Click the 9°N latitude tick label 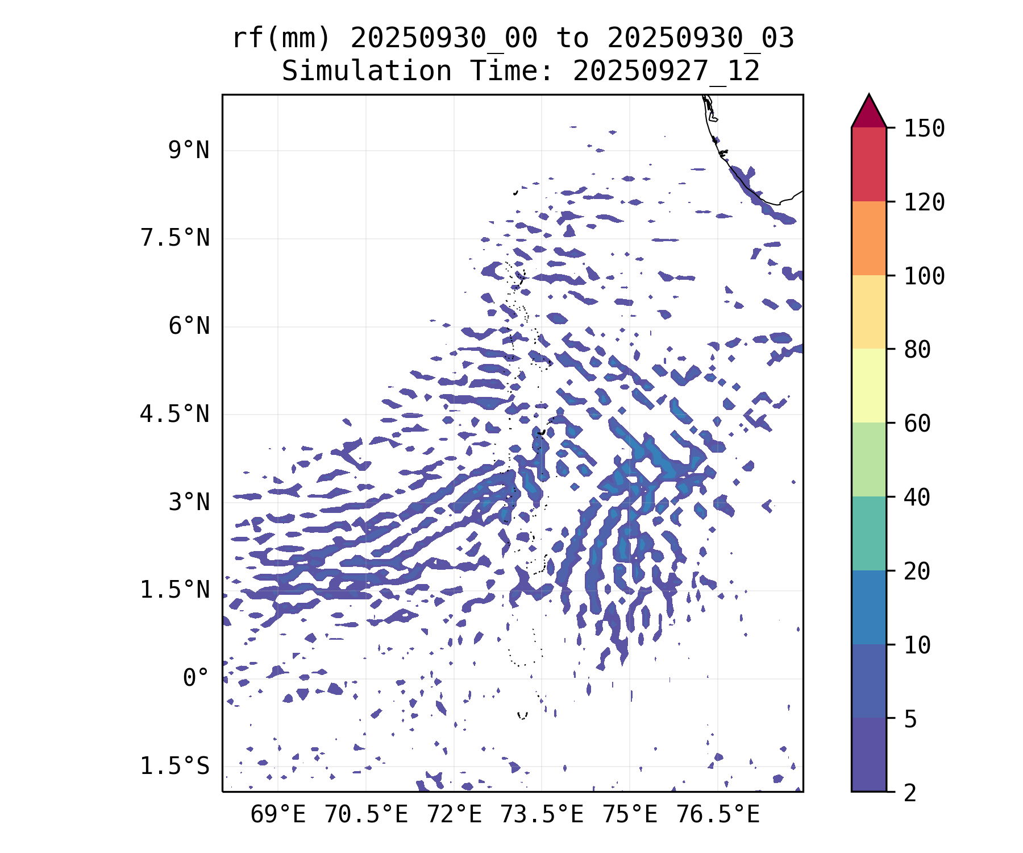[x=188, y=151]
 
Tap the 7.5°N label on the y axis [x=175, y=238]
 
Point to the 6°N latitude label [x=188, y=326]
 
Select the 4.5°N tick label [x=175, y=415]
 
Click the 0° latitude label [x=196, y=678]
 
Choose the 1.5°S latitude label [x=175, y=767]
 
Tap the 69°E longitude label [x=278, y=815]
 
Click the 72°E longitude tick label [x=454, y=815]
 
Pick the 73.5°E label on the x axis [x=542, y=815]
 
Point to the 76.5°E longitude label [x=718, y=815]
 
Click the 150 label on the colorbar [x=924, y=129]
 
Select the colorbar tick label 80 [x=917, y=350]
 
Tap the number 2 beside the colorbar [x=910, y=793]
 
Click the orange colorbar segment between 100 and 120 [x=868, y=238]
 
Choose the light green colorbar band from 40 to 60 [x=868, y=459]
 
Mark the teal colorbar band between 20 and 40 [x=868, y=533]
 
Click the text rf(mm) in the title [x=281, y=39]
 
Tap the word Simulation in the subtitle [x=367, y=72]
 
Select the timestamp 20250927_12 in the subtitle [x=666, y=72]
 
